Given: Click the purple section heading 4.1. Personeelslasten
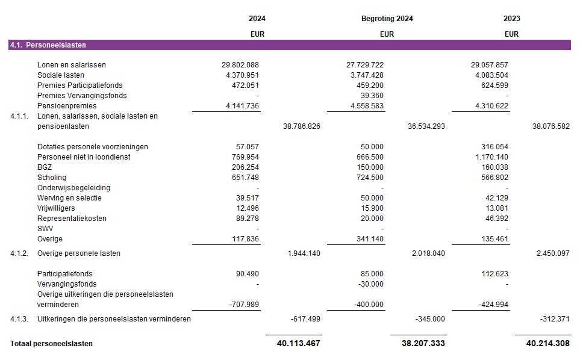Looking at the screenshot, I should [x=48, y=45].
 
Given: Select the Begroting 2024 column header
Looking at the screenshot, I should [x=387, y=19].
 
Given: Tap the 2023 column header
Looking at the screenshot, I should [x=511, y=19].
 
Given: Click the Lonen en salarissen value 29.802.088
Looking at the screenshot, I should [x=240, y=65].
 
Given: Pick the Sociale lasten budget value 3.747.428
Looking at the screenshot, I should [x=364, y=75].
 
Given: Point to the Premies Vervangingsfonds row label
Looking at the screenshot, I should [x=82, y=96].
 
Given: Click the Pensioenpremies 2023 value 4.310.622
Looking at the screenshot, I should [x=490, y=106].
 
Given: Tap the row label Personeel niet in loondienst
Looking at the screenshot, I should [x=84, y=157].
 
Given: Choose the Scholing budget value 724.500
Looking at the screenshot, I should [x=369, y=178].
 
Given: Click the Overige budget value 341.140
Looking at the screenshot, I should [x=369, y=239].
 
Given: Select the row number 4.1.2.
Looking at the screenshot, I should [x=19, y=253].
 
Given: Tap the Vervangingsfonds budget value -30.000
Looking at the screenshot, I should [x=370, y=284].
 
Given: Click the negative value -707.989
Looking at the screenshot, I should [x=244, y=305].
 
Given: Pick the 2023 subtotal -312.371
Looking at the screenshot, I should [x=554, y=319].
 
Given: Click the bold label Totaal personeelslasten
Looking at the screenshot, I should [x=51, y=344].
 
